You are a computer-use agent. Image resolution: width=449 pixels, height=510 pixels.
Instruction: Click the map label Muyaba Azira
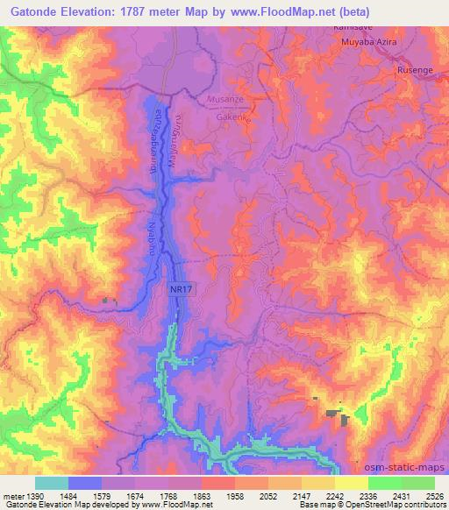(375, 40)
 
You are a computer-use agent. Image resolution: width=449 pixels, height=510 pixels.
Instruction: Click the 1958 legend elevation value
(235, 496)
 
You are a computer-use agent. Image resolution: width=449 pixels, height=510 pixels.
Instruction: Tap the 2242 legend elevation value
(335, 496)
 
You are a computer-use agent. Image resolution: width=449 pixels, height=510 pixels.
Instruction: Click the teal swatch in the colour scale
(52, 483)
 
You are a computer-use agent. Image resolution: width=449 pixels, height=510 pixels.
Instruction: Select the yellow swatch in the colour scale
(351, 483)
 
